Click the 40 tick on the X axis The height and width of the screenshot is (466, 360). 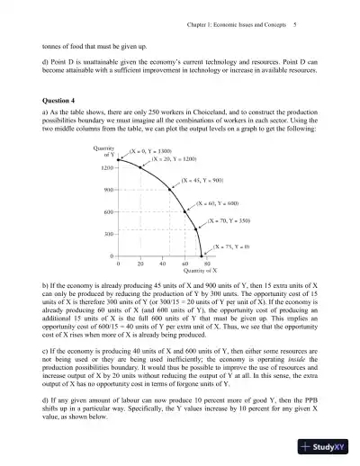point(162,264)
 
